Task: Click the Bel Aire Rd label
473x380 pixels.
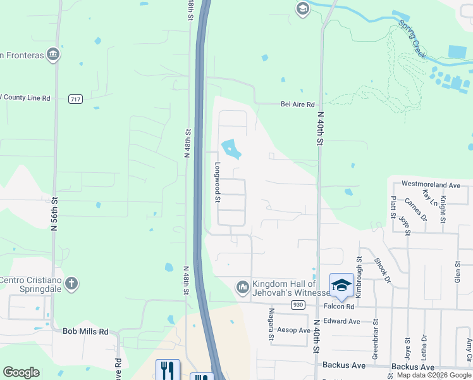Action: coord(297,104)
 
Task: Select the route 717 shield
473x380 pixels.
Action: coord(76,99)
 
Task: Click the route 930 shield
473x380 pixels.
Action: coord(298,305)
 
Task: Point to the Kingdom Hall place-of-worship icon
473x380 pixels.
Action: coord(242,288)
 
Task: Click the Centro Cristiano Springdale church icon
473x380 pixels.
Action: coord(72,282)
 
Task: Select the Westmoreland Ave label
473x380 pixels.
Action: coord(431,185)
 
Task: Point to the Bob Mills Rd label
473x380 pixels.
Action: coord(85,331)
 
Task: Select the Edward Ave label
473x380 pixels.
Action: coord(341,321)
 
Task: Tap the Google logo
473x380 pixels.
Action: coord(21,372)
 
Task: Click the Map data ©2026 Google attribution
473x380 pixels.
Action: coord(434,375)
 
